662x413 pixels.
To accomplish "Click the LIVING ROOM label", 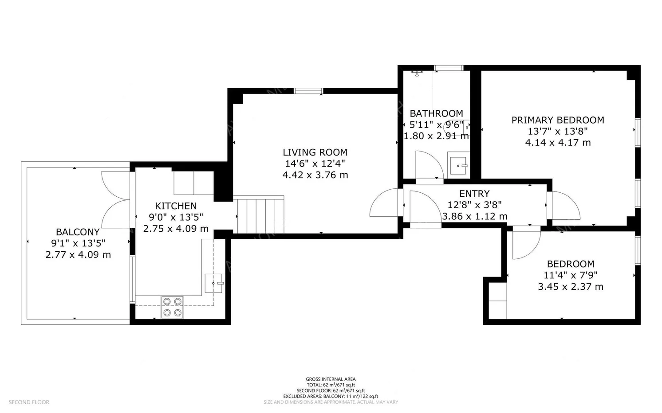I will [x=315, y=152].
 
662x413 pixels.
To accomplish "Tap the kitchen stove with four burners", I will [x=172, y=307].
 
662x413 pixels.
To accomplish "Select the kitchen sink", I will [x=213, y=283].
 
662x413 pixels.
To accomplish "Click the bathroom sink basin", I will [x=458, y=165].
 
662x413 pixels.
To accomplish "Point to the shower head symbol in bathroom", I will [x=417, y=73].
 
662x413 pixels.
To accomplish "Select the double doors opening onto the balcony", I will [x=116, y=199].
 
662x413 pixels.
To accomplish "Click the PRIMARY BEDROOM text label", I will [x=558, y=120].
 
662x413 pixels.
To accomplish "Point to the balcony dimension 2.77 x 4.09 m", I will [x=78, y=255].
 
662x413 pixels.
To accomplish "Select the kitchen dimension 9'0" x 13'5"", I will [x=176, y=217].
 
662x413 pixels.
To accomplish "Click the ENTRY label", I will [x=474, y=194].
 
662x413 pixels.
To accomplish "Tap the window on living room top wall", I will [x=308, y=91].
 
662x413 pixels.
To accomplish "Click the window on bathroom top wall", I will [x=448, y=68].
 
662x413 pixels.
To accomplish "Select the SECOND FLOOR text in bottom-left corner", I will [x=29, y=402].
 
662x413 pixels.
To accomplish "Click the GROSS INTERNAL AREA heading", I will [x=331, y=379].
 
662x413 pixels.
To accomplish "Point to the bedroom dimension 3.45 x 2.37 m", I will [x=571, y=287].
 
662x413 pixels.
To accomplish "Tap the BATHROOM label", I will [x=436, y=113].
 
